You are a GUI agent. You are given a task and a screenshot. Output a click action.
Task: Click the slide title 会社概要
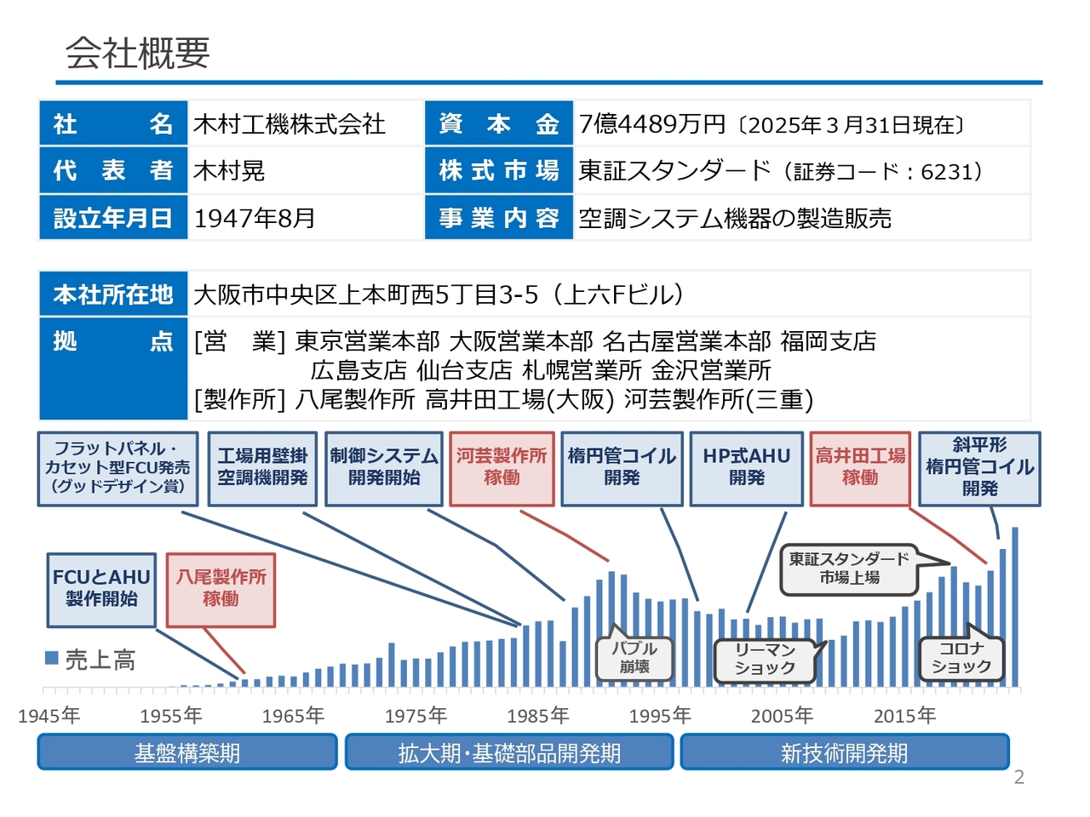click(x=137, y=53)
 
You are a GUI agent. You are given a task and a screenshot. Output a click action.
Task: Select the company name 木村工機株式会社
click(x=289, y=123)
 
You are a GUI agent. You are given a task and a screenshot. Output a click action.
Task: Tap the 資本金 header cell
click(x=498, y=123)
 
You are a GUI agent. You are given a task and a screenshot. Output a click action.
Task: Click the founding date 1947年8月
click(x=255, y=218)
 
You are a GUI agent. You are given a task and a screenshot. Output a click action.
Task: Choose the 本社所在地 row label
click(x=113, y=294)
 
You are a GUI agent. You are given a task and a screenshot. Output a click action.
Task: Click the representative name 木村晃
click(x=229, y=171)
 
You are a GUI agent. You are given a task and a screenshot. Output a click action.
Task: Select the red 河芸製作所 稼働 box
click(x=502, y=469)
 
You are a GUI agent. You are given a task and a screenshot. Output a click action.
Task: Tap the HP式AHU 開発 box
click(x=746, y=469)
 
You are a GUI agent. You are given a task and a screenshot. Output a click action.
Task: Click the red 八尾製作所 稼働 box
click(x=221, y=590)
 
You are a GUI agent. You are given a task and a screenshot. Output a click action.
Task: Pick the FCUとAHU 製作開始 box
click(x=101, y=590)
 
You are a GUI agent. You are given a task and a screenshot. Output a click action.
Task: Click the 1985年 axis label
click(x=537, y=716)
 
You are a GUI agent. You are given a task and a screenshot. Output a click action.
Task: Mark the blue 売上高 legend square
click(x=52, y=658)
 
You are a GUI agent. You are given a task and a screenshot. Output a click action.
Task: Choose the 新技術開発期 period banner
click(x=844, y=752)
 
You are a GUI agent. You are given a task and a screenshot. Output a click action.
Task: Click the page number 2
click(x=1019, y=777)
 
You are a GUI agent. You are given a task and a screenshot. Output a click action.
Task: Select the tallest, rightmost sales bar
click(x=1015, y=607)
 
